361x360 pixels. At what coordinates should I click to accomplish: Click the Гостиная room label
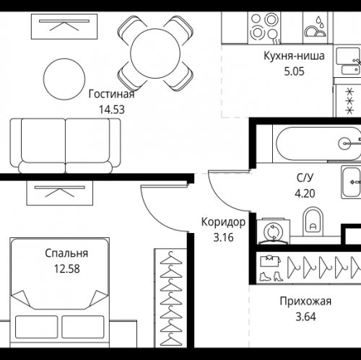[111, 94]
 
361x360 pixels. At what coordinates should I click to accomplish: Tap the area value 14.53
[112, 110]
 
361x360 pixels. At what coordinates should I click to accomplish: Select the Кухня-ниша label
[294, 56]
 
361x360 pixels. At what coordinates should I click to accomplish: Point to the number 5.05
[294, 71]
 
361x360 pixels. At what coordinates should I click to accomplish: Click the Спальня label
[66, 253]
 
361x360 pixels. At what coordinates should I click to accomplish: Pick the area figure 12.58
[66, 269]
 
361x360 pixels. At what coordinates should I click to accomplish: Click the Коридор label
[223, 222]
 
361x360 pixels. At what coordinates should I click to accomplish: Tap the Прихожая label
[305, 301]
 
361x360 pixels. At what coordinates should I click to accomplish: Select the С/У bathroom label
[305, 178]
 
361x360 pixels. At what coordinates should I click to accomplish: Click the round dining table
[155, 53]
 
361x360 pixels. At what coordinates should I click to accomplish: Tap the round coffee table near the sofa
[64, 79]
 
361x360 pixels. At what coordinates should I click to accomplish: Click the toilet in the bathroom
[313, 221]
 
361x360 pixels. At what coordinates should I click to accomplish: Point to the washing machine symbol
[274, 232]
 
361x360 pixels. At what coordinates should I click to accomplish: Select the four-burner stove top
[264, 28]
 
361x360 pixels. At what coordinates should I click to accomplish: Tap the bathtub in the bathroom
[318, 144]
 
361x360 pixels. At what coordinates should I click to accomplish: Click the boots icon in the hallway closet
[271, 276]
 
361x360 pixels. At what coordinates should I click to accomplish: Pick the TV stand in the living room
[64, 27]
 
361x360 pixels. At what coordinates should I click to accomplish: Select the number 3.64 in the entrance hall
[305, 317]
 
